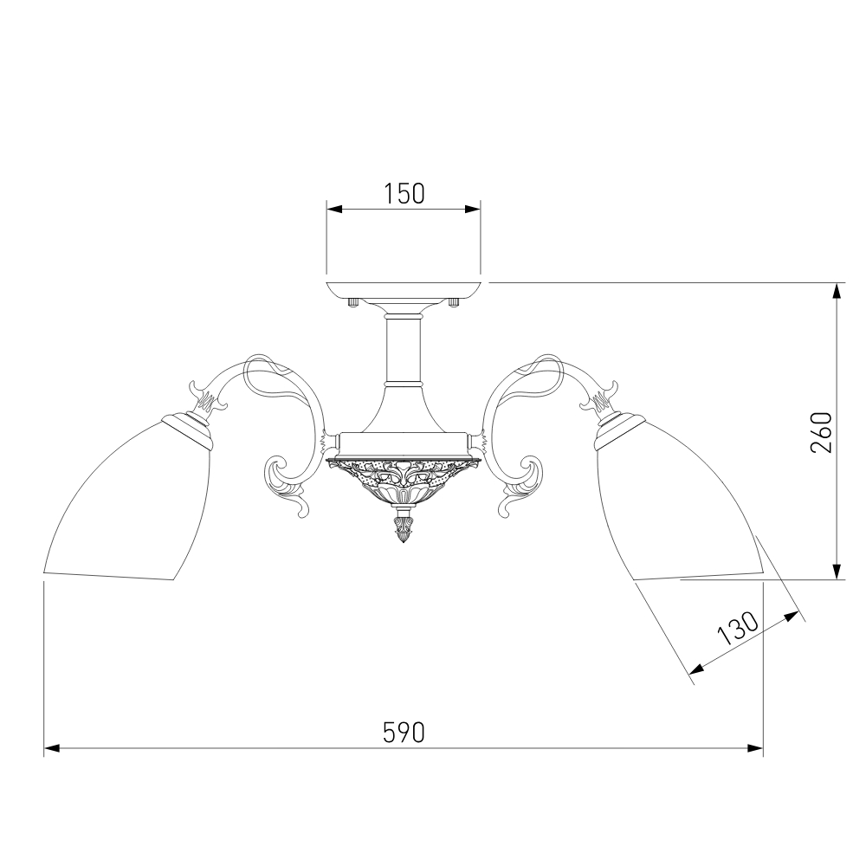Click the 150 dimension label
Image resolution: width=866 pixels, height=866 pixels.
click(x=404, y=194)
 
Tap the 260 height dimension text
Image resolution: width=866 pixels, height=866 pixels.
click(x=821, y=432)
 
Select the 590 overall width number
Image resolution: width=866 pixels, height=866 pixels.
click(x=404, y=733)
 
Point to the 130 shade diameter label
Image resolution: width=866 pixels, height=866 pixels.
click(x=738, y=629)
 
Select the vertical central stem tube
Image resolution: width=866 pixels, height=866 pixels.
click(x=404, y=349)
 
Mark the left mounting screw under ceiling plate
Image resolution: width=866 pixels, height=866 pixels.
click(x=353, y=302)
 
